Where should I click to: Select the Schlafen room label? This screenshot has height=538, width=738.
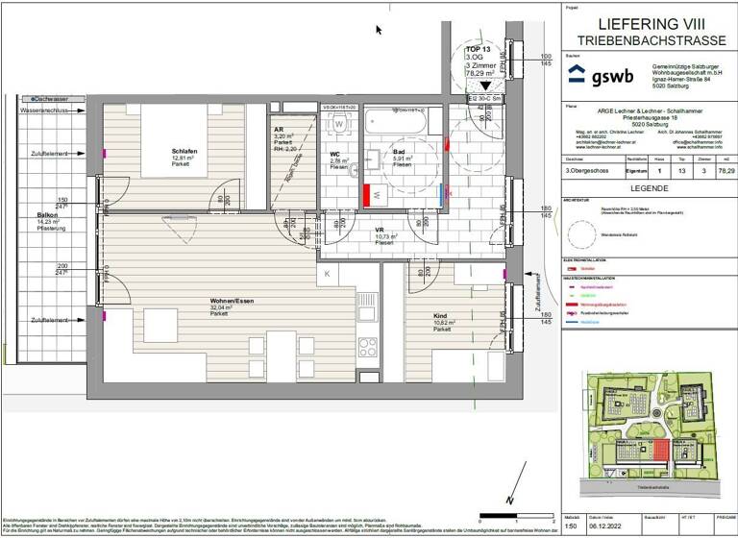tap(185, 152)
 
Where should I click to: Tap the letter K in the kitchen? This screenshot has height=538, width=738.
tap(327, 275)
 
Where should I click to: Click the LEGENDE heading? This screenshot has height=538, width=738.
tap(647, 188)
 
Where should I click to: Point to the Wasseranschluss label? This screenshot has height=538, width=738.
tap(43, 112)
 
